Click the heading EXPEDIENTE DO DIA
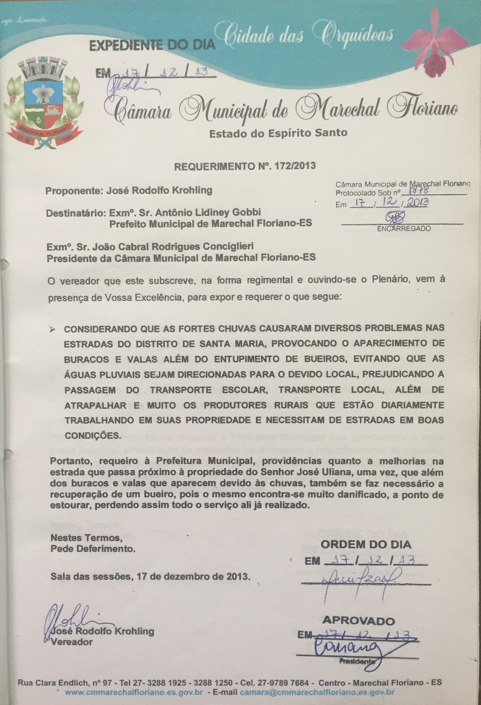(152, 46)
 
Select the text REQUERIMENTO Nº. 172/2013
(244, 166)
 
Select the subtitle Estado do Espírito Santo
(278, 133)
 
